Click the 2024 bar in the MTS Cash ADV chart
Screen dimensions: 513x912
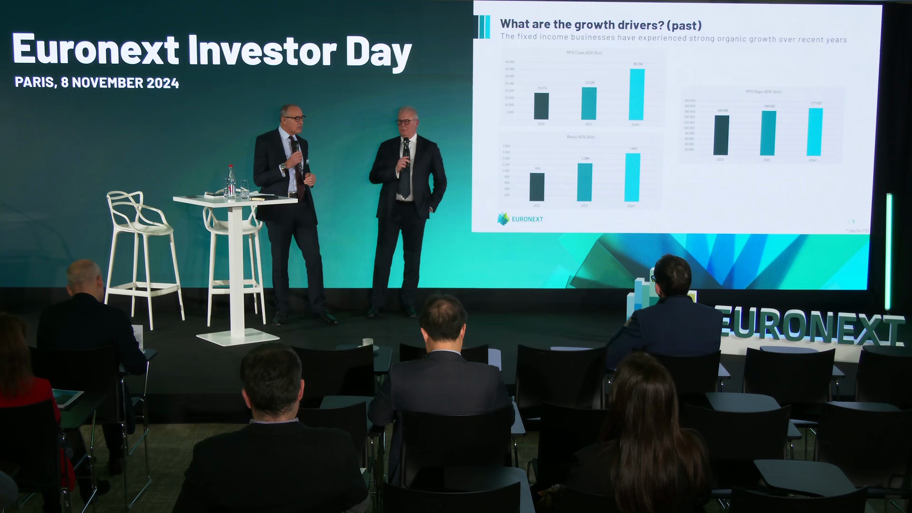[636, 95]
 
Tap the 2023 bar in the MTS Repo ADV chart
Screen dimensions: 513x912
[768, 133]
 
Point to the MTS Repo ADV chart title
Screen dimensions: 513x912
[763, 92]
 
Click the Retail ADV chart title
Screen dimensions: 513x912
[580, 137]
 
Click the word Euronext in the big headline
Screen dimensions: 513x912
[95, 50]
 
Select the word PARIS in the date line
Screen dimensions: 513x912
[35, 82]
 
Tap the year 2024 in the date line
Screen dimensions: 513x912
[162, 83]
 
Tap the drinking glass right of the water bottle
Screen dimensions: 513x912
[245, 189]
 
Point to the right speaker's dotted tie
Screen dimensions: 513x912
[404, 180]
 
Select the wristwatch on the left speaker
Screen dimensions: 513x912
[283, 166]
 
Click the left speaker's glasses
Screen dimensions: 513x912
[294, 118]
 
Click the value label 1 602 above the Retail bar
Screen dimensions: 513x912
[633, 149]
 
